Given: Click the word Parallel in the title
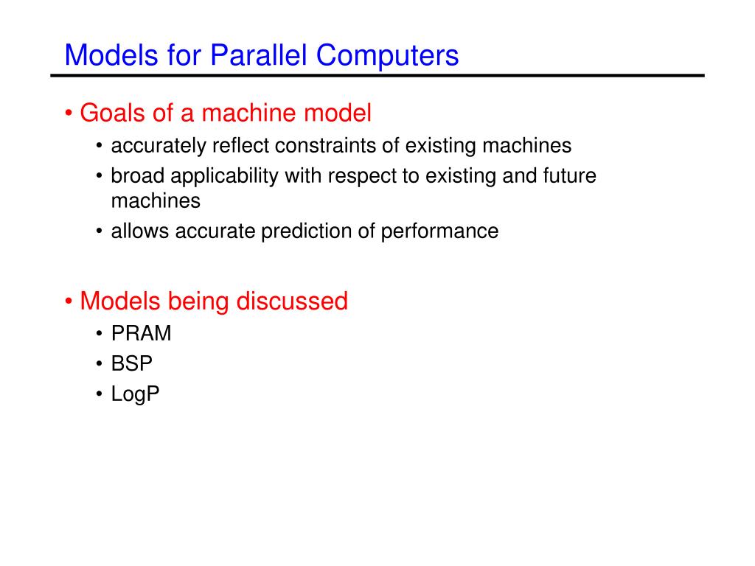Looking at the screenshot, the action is click(259, 55).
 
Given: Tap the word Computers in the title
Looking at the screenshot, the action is click(388, 56).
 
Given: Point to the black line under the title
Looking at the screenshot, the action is click(377, 76).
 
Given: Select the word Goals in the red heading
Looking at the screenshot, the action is click(113, 113).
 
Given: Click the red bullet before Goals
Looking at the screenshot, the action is click(69, 113).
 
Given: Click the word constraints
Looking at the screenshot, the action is click(325, 146).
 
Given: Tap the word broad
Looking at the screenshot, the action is click(138, 175).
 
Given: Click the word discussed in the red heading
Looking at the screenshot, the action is click(292, 301).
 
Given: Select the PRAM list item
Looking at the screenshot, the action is click(141, 334).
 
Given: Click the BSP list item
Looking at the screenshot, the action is click(131, 364).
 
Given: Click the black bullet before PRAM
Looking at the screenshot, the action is click(100, 334).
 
